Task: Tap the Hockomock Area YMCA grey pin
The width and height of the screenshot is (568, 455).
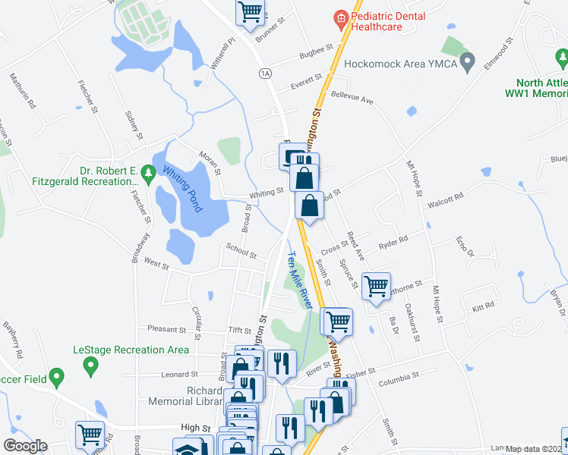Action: [468, 59]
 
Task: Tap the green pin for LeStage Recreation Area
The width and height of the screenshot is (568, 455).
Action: [90, 367]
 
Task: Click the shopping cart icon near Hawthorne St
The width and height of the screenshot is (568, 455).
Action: [376, 286]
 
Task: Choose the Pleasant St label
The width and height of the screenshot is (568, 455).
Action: [166, 330]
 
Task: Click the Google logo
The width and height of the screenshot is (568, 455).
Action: [25, 446]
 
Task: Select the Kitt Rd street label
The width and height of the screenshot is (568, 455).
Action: [483, 306]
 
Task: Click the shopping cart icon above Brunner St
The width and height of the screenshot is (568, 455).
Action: [250, 11]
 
